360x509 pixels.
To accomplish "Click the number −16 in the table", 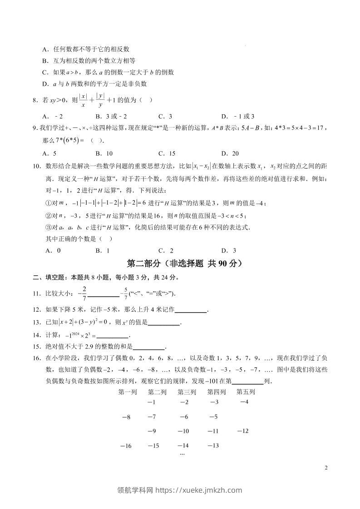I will pyautogui.click(x=125, y=446).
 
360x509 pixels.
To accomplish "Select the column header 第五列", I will pyautogui.click(x=246, y=392).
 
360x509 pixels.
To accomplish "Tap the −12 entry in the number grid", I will pyautogui.click(x=243, y=431).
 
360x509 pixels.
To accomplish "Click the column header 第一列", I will pyautogui.click(x=128, y=392).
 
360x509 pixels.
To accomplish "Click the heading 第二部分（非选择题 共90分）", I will pyautogui.click(x=185, y=264).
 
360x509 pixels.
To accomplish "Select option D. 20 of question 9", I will pyautogui.click(x=230, y=153).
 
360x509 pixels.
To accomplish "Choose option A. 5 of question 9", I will pyautogui.click(x=49, y=153).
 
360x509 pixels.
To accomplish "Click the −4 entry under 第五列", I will pyautogui.click(x=244, y=402).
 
